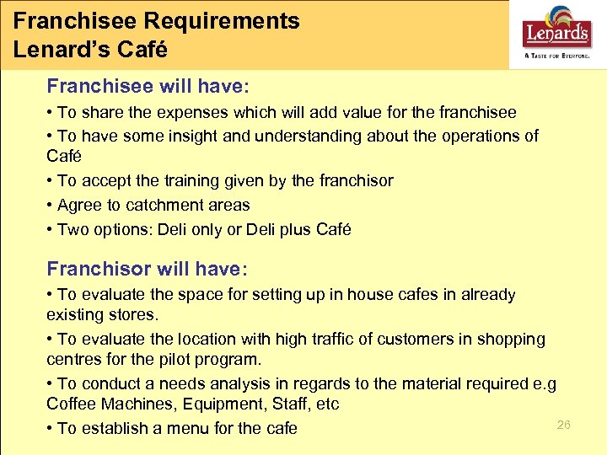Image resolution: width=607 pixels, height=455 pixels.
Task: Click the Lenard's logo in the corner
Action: [x=556, y=35]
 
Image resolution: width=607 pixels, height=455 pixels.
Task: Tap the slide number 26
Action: [x=564, y=425]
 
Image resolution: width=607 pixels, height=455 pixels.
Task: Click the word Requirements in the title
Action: [x=212, y=21]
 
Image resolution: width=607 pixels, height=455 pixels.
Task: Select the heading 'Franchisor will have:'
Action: [x=148, y=269]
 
